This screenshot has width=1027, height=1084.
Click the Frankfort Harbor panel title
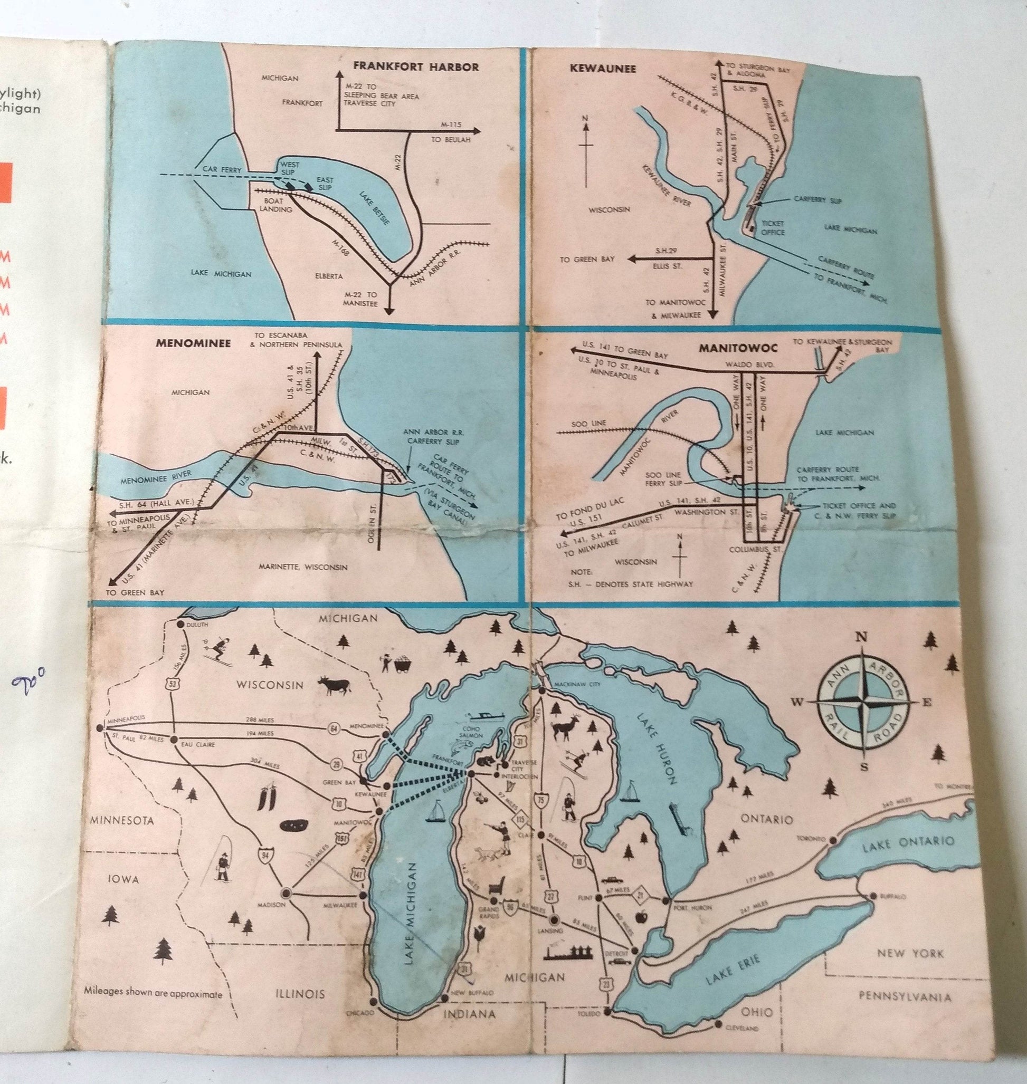[x=415, y=68]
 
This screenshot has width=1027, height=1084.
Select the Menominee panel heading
[x=193, y=343]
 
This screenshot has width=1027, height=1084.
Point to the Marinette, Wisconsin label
[x=303, y=567]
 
